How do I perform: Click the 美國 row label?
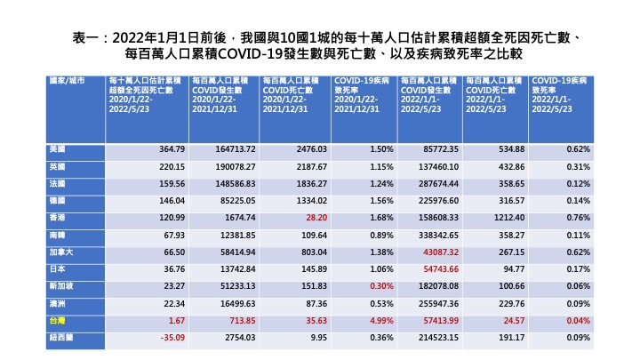coord(59,148)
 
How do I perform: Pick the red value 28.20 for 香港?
coord(316,216)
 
